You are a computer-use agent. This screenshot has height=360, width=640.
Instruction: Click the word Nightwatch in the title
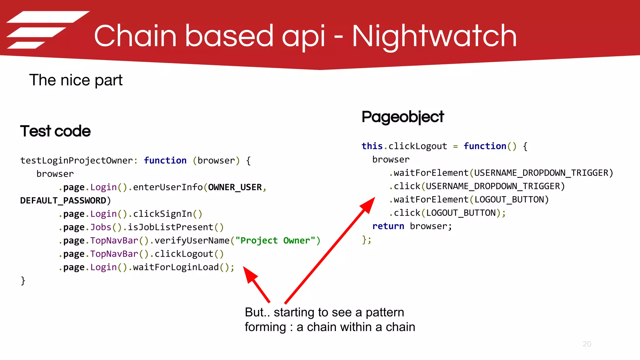[x=434, y=37]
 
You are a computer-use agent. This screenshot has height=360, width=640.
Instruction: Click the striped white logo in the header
[x=47, y=30]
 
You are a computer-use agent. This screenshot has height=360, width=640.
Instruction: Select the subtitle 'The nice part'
[x=76, y=80]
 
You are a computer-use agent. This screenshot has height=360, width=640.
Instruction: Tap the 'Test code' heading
[x=55, y=131]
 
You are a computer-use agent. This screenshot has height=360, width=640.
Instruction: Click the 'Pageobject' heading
[x=402, y=117]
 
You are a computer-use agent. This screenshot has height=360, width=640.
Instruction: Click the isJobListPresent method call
[x=170, y=227]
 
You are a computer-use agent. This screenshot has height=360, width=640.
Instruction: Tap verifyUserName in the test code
[x=192, y=241]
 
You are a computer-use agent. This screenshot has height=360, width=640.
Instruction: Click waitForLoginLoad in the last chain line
[x=176, y=267]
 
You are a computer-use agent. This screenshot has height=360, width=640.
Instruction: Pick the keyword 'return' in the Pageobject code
[x=388, y=226]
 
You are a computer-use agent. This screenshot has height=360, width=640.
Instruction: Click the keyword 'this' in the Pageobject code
[x=372, y=146]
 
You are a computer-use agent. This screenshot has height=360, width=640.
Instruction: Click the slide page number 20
[x=587, y=344]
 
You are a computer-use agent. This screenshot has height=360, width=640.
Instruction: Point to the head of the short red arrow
[x=249, y=273]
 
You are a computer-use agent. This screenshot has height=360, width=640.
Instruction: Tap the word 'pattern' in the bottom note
[x=385, y=312]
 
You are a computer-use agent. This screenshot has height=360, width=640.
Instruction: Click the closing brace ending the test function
[x=23, y=281]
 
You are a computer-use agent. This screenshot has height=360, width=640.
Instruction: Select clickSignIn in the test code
[x=162, y=214]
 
